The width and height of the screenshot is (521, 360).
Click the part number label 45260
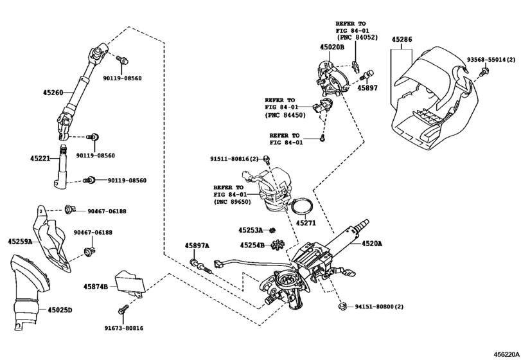tap(53, 93)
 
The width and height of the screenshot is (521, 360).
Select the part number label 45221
tap(40, 157)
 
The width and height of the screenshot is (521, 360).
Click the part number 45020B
tap(332, 48)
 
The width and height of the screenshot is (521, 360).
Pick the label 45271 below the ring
tap(306, 222)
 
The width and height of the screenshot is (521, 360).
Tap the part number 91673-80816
tap(124, 328)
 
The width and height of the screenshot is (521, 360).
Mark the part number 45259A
tap(21, 242)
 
